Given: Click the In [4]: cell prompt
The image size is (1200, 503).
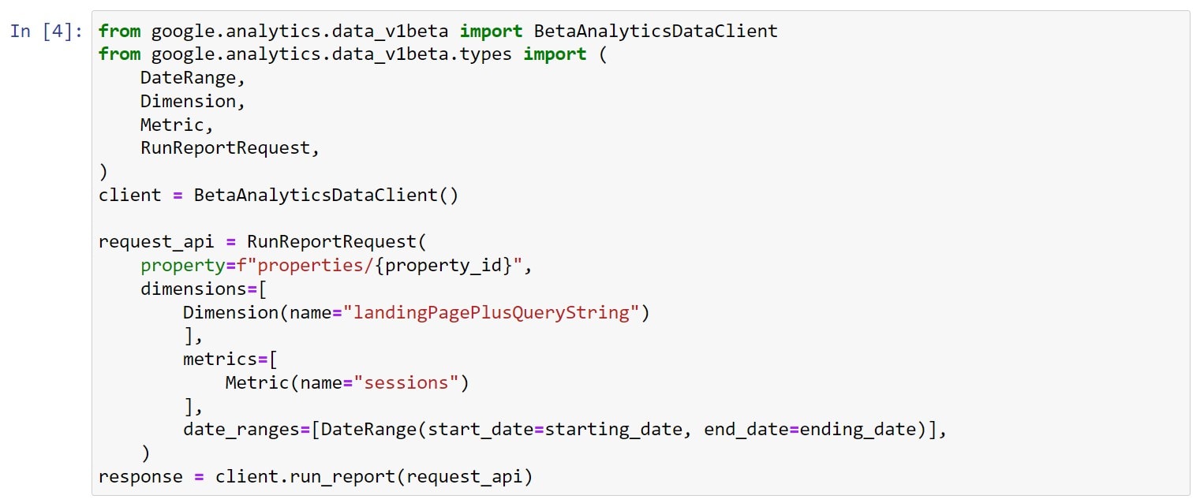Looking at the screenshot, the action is (47, 31).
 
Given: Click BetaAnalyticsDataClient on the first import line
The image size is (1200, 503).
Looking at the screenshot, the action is (656, 31).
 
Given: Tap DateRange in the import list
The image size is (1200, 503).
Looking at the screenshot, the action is (188, 78).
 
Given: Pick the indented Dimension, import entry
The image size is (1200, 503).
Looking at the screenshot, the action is (193, 102).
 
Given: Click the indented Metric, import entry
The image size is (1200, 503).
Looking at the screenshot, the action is (177, 125).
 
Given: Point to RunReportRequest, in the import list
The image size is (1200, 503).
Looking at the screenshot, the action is (230, 148).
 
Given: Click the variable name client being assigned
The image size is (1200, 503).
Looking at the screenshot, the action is (129, 196).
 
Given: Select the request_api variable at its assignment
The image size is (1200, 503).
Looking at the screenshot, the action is (156, 242).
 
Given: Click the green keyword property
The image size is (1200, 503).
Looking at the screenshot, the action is (183, 266).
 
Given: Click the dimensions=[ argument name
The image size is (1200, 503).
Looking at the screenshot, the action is (204, 289).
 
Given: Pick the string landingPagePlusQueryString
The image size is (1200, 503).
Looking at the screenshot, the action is (492, 312).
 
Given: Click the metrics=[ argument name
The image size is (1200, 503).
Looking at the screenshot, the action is (230, 360).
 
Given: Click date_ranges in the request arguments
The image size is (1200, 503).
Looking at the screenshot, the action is (241, 430).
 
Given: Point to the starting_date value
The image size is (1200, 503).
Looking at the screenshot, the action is (613, 430).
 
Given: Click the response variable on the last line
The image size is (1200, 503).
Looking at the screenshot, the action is (140, 477).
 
